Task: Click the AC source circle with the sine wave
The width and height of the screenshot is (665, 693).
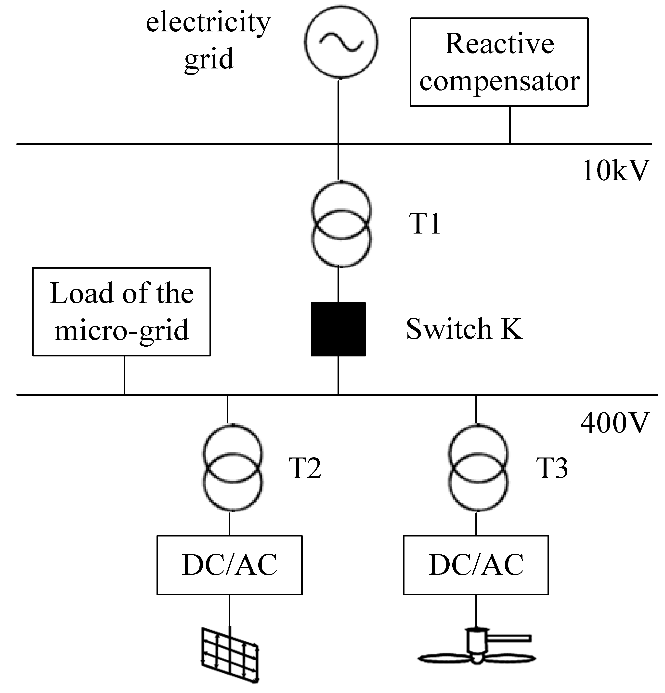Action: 341,42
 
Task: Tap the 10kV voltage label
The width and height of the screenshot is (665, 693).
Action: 615,171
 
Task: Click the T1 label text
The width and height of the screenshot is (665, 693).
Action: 424,224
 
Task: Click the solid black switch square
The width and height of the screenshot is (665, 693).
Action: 338,329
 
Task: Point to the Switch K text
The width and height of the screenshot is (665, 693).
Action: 464,329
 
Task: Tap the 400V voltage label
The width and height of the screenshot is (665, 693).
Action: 615,422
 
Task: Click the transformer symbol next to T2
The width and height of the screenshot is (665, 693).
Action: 232,468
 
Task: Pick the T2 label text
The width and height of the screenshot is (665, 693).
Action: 305,468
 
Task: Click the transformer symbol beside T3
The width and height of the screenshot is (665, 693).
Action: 478,468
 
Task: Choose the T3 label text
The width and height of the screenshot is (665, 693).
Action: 551,468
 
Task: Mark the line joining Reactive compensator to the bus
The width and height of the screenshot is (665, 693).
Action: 509,125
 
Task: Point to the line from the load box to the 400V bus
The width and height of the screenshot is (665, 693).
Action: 124,375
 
